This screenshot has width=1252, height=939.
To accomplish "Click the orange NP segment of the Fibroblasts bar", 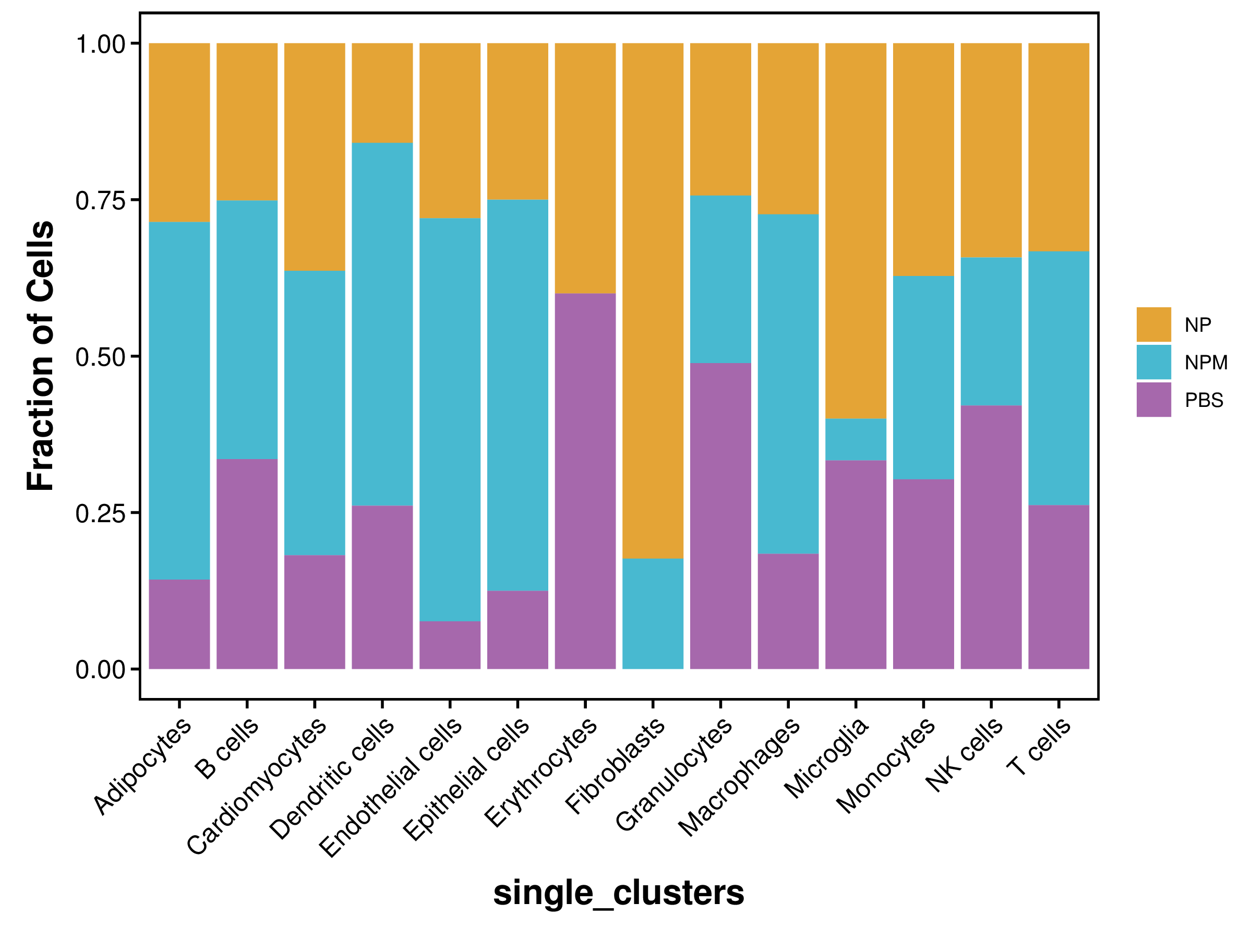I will coord(653,300).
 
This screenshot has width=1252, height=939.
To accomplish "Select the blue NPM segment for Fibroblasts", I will coord(653,613).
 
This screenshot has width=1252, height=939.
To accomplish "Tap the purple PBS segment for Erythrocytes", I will coord(585,481).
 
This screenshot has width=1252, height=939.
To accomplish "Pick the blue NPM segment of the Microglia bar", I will coord(856,439).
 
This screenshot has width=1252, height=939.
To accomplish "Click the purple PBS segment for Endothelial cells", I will coord(450,645).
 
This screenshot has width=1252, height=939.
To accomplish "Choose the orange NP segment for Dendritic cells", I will coord(382,93).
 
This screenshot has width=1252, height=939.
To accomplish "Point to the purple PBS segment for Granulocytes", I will coord(720,515).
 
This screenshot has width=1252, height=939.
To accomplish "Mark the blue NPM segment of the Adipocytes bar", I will coord(179,400).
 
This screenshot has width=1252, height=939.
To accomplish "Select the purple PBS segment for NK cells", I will coord(991,537).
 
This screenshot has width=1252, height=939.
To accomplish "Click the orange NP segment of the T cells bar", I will coord(1058,147).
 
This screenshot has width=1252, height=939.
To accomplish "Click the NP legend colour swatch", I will coord(1153,324).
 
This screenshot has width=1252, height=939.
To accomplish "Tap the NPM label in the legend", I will coord(1206,362).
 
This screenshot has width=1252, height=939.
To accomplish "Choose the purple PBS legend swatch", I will coord(1153,400).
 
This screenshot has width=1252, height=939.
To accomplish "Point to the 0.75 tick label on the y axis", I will coord(100,201).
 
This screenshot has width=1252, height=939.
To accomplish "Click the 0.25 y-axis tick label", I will coord(100,513).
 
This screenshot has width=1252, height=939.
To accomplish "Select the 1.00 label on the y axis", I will coord(100,44).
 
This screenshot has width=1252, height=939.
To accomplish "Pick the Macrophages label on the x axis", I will coord(739,777).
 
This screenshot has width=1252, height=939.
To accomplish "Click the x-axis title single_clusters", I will coord(619,893).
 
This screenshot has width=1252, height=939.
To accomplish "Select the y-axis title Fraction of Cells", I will coord(41,355).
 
